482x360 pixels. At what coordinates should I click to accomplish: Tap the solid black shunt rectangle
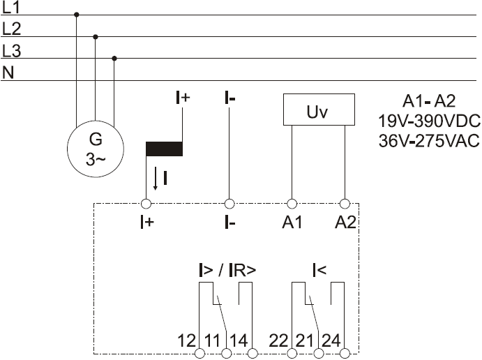164,149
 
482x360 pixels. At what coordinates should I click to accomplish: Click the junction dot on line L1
77,15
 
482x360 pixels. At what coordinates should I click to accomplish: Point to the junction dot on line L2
96,37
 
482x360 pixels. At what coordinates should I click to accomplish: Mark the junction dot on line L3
114,59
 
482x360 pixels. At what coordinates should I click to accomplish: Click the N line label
8,73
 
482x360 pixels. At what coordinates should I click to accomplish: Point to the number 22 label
278,340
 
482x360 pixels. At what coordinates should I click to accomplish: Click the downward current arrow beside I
156,179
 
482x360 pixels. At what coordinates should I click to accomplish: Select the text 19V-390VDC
429,121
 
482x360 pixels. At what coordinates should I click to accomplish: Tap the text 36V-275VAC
429,141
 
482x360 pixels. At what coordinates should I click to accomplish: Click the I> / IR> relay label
227,270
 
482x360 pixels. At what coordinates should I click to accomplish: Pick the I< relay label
319,270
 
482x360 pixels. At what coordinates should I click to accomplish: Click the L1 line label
10,8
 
